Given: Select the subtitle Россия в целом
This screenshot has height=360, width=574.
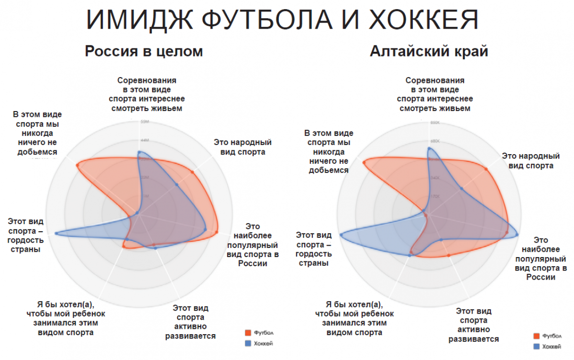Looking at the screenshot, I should click(x=144, y=51).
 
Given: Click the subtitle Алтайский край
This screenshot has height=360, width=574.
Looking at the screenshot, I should click(x=429, y=51).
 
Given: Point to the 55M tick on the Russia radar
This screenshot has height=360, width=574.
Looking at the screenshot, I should click(x=143, y=122).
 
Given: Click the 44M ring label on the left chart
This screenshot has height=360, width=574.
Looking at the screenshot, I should click(x=144, y=140).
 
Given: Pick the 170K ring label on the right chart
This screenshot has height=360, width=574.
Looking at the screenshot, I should click(x=435, y=196).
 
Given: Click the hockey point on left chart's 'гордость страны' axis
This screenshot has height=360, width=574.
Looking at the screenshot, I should click(x=56, y=233).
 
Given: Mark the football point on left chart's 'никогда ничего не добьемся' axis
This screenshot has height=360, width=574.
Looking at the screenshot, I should click(x=77, y=165).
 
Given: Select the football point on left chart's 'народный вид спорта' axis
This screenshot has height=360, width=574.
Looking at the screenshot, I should click(x=192, y=172).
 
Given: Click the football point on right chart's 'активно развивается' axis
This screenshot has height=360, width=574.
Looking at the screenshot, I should click(x=448, y=256).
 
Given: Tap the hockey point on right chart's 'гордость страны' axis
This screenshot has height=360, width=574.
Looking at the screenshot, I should click(x=341, y=235).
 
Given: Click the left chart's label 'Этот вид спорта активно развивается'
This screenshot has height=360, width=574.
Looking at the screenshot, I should click(x=190, y=322).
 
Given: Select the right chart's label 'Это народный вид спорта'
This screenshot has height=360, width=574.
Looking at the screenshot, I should click(x=530, y=160).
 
